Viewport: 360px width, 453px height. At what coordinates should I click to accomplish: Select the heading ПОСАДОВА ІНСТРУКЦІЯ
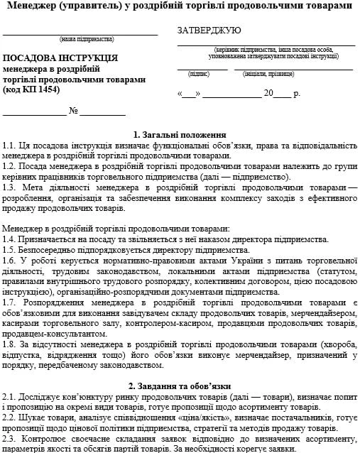[x=60, y=58]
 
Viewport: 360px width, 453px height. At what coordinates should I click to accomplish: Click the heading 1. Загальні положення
[x=180, y=135]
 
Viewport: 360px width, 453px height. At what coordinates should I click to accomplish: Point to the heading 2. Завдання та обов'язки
[x=180, y=386]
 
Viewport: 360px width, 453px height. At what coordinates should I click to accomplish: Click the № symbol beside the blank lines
[x=72, y=111]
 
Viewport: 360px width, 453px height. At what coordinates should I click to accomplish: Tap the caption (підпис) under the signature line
[x=198, y=73]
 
